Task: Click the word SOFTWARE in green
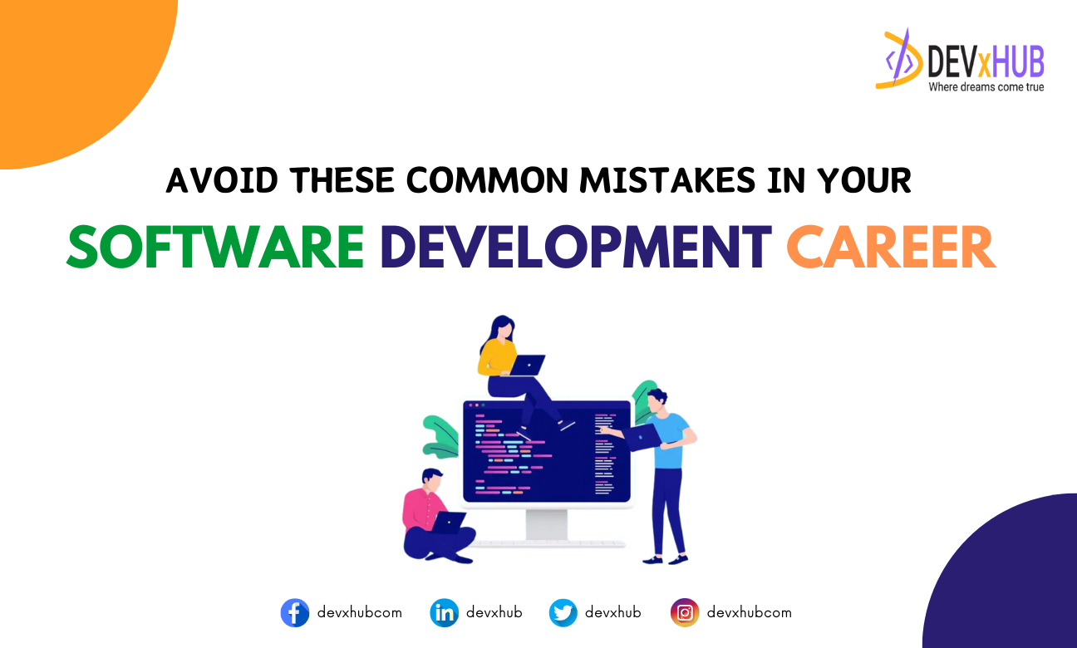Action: tap(215, 248)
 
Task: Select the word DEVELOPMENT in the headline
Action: tap(574, 248)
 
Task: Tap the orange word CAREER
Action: tap(891, 248)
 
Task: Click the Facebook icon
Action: tap(295, 613)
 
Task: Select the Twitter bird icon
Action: tap(563, 613)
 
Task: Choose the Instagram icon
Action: tap(685, 613)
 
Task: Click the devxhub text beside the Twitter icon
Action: tap(613, 612)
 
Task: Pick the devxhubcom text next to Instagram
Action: tap(749, 612)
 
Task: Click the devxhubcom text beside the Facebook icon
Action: tap(359, 612)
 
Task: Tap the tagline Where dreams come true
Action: tap(986, 87)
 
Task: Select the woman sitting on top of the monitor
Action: tap(507, 366)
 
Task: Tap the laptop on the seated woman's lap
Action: tap(527, 365)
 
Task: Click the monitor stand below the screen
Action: tap(547, 525)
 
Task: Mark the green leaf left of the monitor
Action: tap(440, 435)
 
